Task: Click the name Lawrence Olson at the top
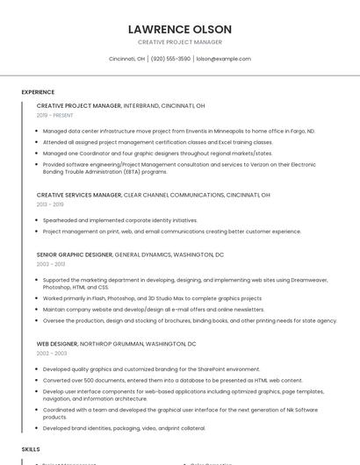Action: pos(180,29)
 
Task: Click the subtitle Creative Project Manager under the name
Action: pos(180,42)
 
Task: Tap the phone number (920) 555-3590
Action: pos(170,59)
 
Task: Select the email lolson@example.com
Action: pos(224,59)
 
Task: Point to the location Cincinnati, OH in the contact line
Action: pos(126,59)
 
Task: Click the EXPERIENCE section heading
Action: pos(38,92)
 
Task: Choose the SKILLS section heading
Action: pos(31,448)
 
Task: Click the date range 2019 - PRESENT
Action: pos(55,115)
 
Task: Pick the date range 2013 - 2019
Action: pos(50,204)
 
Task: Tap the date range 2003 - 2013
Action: pos(50,264)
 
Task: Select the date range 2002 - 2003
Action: pos(50,354)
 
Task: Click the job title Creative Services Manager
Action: pos(79,195)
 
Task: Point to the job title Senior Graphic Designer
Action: pos(75,254)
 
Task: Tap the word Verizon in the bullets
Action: pos(235,163)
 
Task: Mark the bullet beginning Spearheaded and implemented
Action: pos(120,220)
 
